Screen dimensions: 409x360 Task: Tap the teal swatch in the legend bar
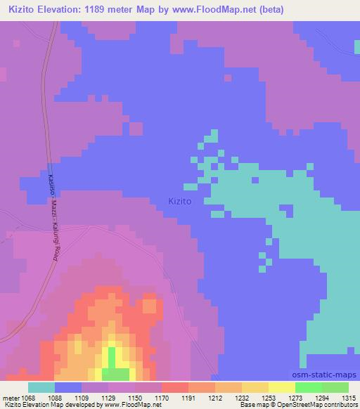coord(41,387)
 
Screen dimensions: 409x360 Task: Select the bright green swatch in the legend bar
coord(309,387)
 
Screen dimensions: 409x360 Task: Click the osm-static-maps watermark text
coord(323,375)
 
